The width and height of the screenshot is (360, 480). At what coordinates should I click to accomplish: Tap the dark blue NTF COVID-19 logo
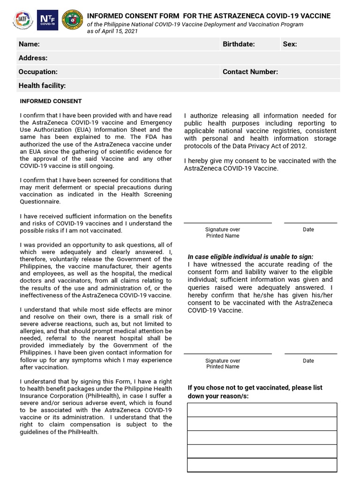tap(47, 21)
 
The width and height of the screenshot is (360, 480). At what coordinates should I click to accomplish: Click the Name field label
tap(29, 44)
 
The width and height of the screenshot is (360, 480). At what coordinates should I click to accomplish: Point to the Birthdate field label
tap(239, 44)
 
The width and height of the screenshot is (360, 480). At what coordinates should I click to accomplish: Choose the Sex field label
tap(290, 44)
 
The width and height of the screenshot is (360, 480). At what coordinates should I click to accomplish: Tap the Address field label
tap(33, 58)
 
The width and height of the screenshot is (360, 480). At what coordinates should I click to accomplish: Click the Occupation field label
tap(38, 72)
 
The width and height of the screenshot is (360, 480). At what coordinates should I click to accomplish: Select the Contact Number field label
tap(250, 72)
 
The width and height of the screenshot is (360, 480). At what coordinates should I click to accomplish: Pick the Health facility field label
tap(42, 86)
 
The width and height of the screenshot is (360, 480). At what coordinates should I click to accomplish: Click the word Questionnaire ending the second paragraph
tap(40, 202)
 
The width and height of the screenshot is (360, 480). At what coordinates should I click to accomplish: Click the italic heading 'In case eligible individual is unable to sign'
tap(250, 257)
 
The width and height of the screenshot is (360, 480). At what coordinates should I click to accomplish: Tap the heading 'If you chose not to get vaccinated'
tap(255, 388)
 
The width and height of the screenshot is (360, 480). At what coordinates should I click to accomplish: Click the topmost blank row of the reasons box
tap(262, 410)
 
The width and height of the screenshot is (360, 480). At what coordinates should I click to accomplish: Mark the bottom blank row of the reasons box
tap(262, 465)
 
